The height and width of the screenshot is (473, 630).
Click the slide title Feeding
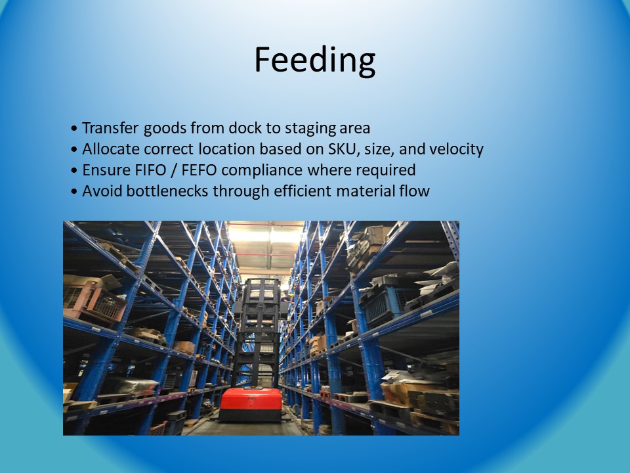(315, 60)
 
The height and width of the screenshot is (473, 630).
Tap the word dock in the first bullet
(245, 128)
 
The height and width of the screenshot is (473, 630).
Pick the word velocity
(457, 150)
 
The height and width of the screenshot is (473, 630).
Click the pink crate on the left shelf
(94, 302)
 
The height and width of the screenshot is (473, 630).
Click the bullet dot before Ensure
(74, 171)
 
